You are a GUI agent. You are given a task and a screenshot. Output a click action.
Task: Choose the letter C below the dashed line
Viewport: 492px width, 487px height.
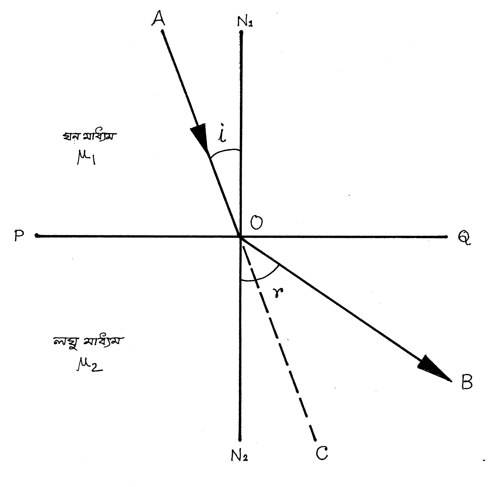[321, 453]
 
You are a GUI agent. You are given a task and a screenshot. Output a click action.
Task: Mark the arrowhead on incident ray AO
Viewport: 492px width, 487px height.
[200, 137]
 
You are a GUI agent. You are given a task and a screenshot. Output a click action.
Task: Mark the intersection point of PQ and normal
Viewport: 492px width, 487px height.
[240, 236]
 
